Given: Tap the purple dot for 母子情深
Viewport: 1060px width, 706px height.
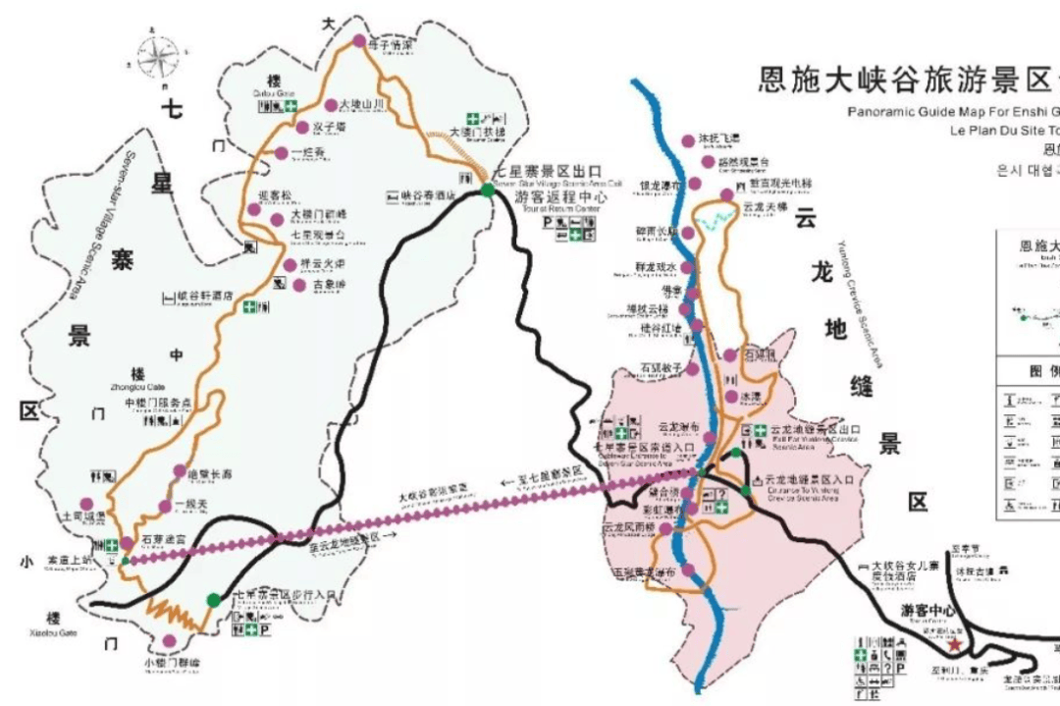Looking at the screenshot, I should pyautogui.click(x=359, y=41).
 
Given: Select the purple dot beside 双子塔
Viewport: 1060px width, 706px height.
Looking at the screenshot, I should pyautogui.click(x=302, y=127).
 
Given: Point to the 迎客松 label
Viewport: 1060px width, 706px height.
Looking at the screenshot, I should pyautogui.click(x=272, y=197).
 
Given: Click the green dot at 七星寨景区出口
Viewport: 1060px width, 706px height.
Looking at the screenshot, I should pyautogui.click(x=488, y=190).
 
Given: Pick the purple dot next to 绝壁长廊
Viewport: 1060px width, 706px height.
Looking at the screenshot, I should pyautogui.click(x=179, y=471).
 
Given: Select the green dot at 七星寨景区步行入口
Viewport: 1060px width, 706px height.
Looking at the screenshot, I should pyautogui.click(x=214, y=599).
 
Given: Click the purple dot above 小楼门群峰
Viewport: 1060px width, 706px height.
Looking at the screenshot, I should pyautogui.click(x=170, y=641).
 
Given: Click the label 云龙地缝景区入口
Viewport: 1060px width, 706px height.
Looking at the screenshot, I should pyautogui.click(x=810, y=480).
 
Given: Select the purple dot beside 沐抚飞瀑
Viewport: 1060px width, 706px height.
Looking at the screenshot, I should pyautogui.click(x=688, y=140).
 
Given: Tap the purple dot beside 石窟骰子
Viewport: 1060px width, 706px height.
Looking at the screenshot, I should pyautogui.click(x=692, y=369).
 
